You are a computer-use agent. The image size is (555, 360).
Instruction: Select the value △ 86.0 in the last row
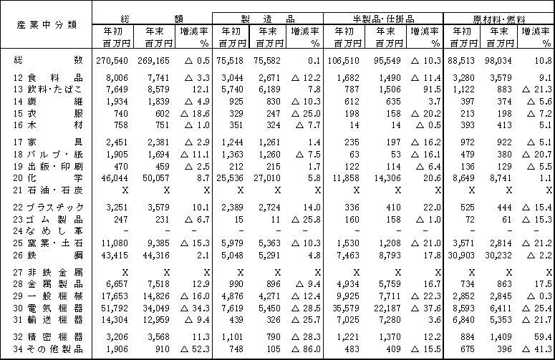[x=303, y=349]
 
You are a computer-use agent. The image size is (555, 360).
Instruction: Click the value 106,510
[x=344, y=62]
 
